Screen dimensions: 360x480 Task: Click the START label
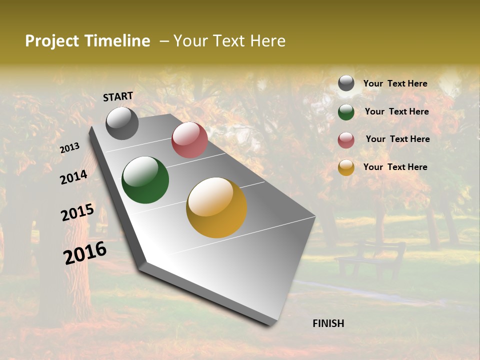tap(118, 96)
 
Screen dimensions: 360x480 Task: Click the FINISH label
tap(328, 323)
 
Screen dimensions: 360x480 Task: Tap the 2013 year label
tap(69, 147)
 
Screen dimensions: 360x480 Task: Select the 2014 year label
tap(73, 177)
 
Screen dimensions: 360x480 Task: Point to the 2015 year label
tap(77, 212)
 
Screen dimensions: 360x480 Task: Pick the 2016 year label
tap(85, 253)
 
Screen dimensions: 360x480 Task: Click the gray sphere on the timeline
tap(122, 123)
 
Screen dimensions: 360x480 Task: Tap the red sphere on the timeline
tap(189, 140)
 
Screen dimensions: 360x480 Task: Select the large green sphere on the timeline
tap(145, 180)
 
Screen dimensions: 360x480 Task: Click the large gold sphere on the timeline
tap(216, 207)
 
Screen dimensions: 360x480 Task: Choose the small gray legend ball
tap(346, 83)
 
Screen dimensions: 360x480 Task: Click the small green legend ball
tap(346, 112)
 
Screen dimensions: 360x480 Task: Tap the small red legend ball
tap(346, 140)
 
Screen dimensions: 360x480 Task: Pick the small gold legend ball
tap(346, 167)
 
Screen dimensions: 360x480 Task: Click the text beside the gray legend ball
tap(395, 83)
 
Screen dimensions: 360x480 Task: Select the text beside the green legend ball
tap(396, 111)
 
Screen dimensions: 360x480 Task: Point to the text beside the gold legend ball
tap(395, 167)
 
